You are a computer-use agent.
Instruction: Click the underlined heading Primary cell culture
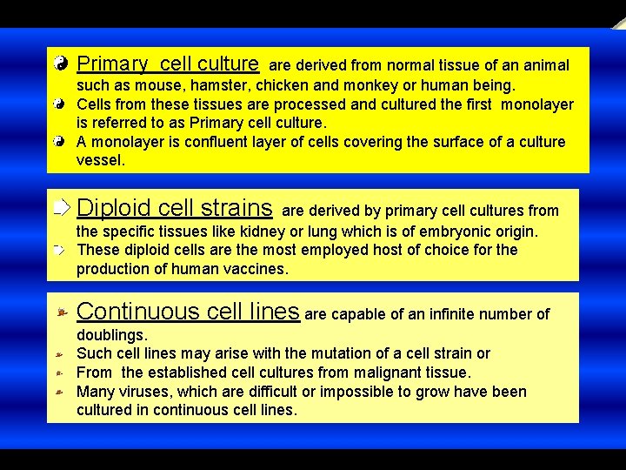[168, 64]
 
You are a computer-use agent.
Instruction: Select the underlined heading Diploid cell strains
[175, 208]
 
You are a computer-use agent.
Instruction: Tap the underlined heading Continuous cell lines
[189, 312]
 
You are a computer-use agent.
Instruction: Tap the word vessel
[101, 160]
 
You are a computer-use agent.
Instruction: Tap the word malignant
[393, 373]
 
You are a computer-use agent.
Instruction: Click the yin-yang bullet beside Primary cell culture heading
[59, 64]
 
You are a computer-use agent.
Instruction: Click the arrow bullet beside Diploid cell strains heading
[59, 207]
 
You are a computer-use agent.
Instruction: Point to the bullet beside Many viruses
[57, 393]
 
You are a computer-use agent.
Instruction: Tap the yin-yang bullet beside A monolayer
[58, 141]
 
